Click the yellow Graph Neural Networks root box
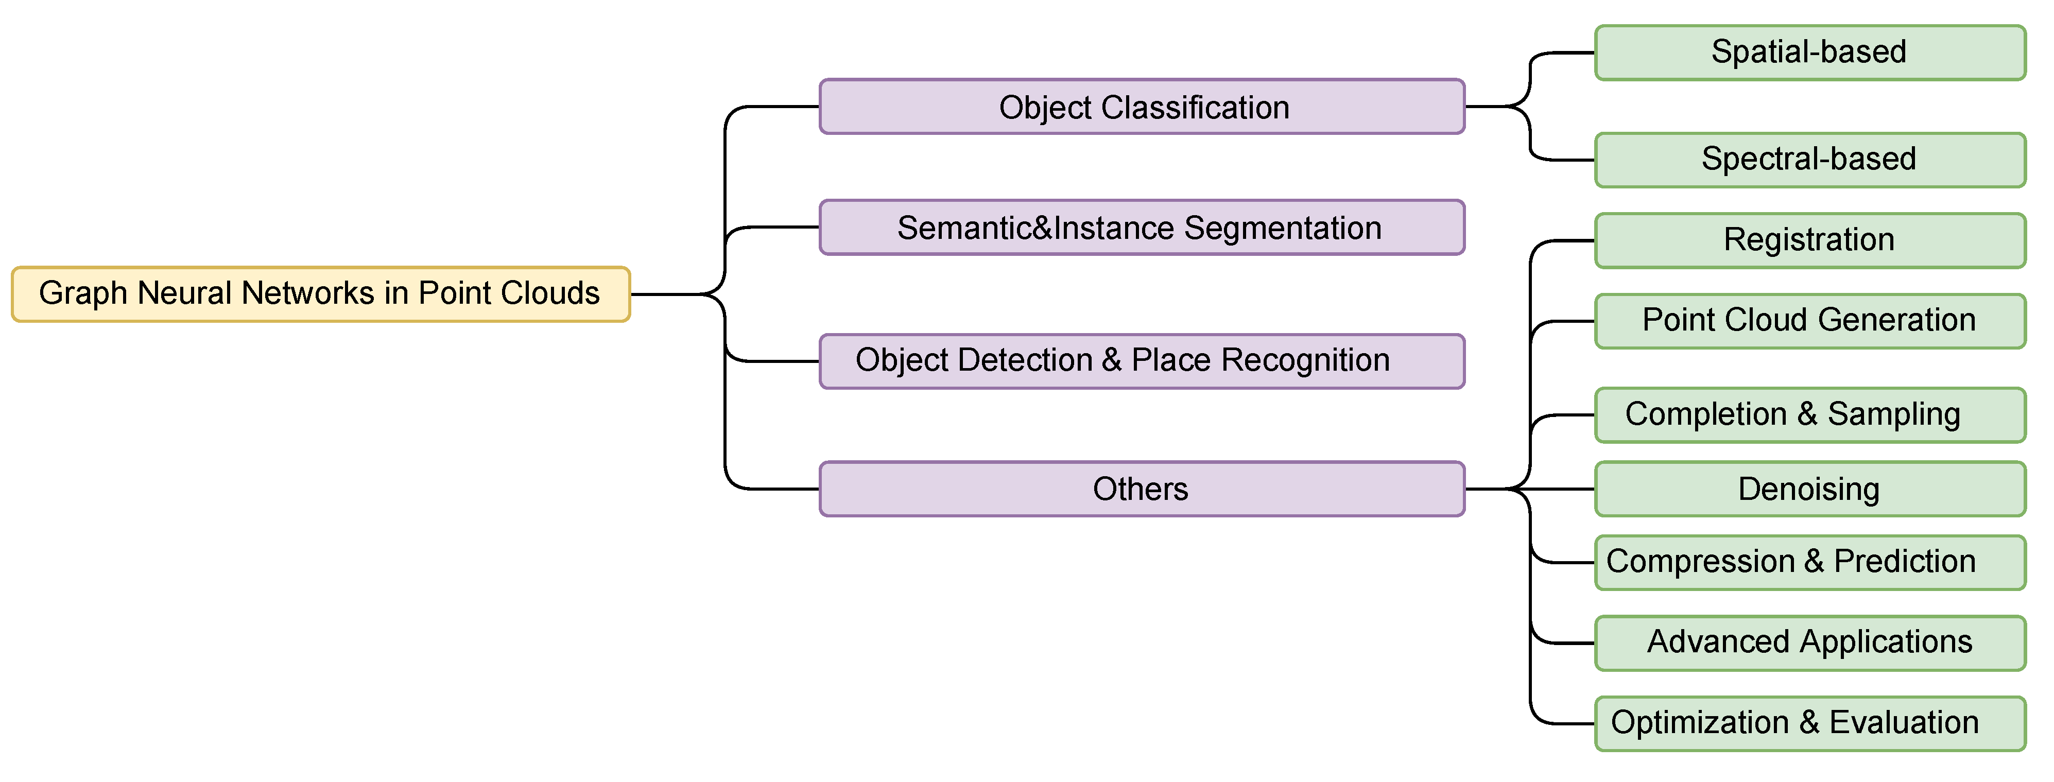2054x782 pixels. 321,294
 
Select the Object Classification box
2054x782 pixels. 1142,107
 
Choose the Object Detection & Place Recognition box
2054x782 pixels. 1142,361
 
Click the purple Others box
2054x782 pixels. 1142,489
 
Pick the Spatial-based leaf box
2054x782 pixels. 1809,53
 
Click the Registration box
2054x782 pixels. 1809,240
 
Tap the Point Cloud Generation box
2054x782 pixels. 1809,320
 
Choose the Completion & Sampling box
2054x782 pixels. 1809,414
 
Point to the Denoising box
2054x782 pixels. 1809,489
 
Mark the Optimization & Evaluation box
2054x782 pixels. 1809,723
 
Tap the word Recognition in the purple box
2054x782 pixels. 1305,360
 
